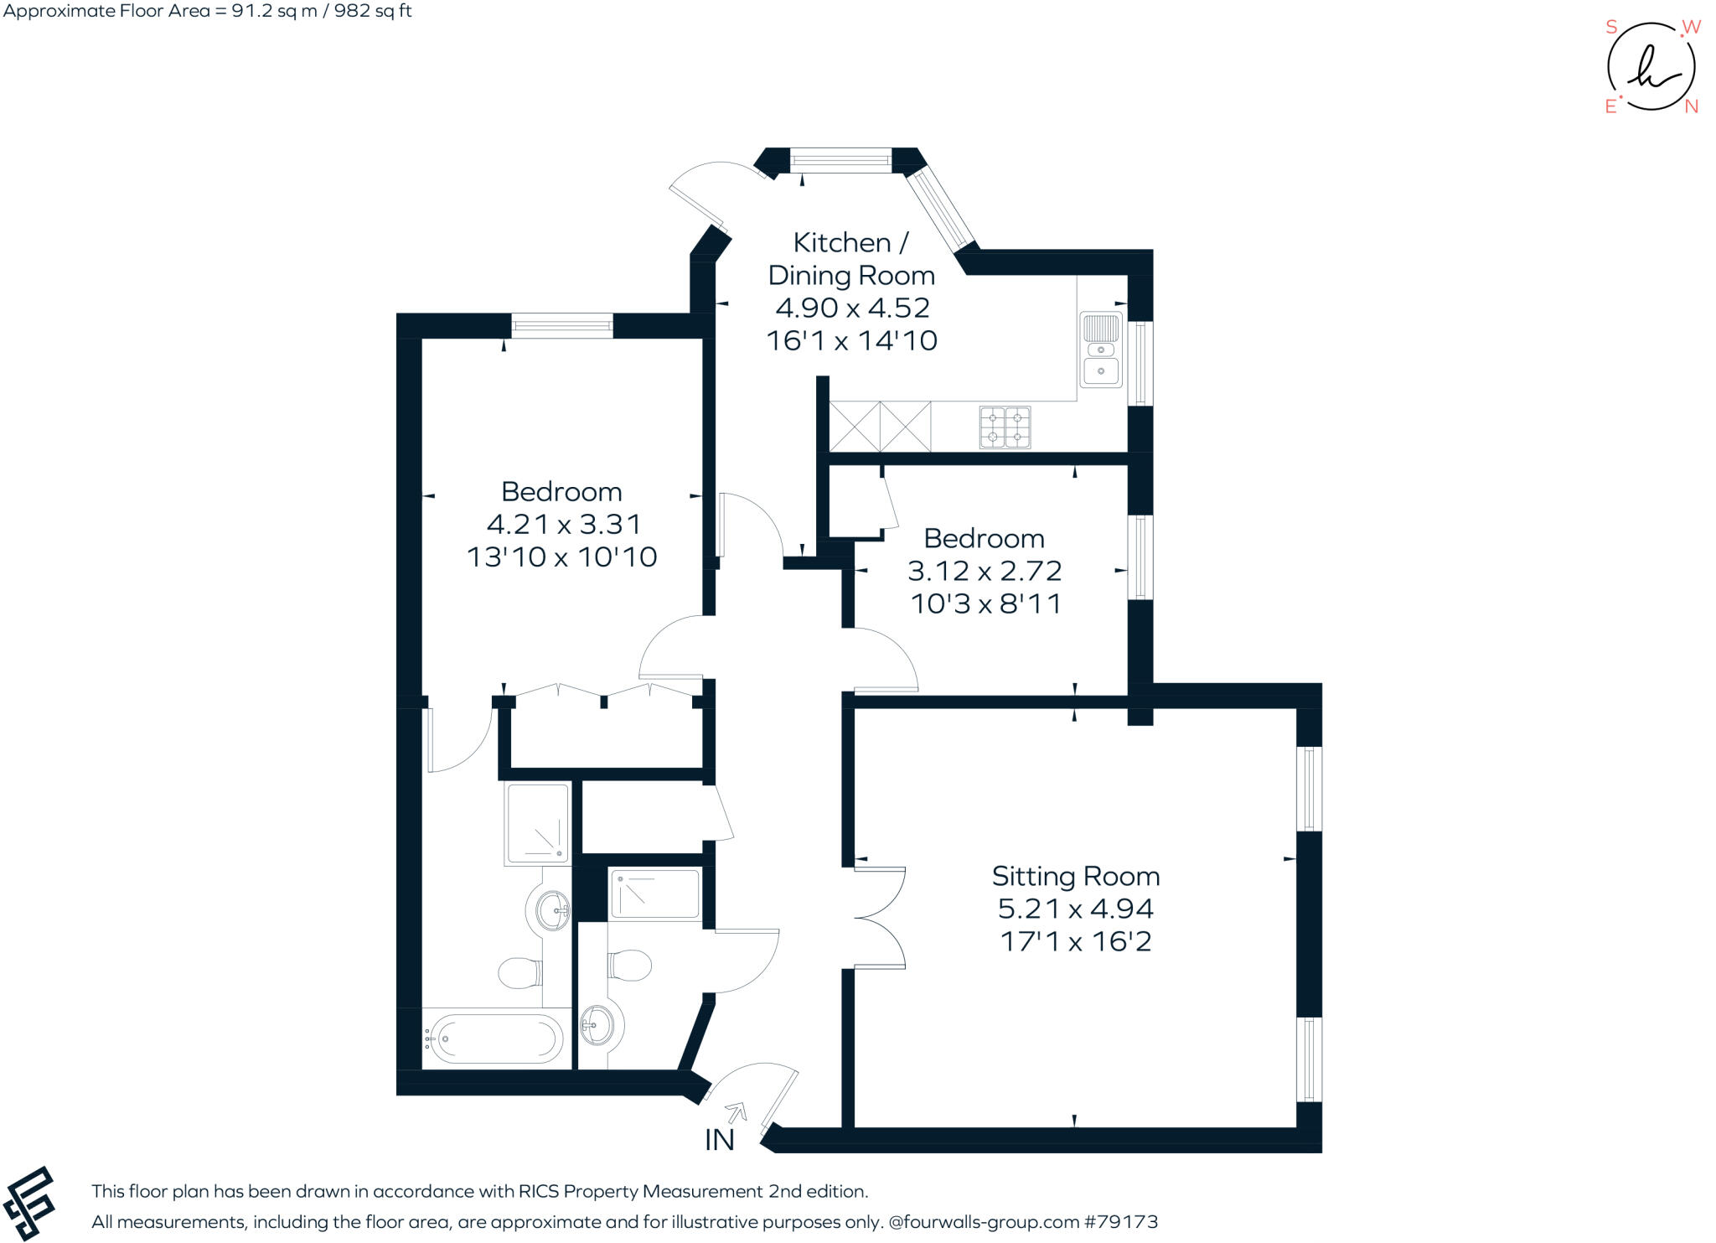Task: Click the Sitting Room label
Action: click(1075, 877)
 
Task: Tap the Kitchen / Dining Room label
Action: click(851, 258)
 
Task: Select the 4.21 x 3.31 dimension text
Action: click(563, 525)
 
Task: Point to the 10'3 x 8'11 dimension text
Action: click(985, 603)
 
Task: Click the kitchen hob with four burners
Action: click(1005, 427)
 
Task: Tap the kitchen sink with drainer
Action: click(1100, 350)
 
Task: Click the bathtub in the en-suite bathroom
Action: click(494, 1038)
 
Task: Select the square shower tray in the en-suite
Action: click(537, 823)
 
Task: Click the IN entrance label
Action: click(719, 1140)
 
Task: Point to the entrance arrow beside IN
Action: click(737, 1112)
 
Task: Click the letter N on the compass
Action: click(1691, 106)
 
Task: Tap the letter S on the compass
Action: click(1610, 27)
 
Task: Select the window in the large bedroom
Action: click(562, 325)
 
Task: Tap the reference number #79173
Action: click(1120, 1222)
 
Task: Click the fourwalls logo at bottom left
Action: click(29, 1204)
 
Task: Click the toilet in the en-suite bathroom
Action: click(520, 973)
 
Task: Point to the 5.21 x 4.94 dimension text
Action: click(1075, 909)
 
